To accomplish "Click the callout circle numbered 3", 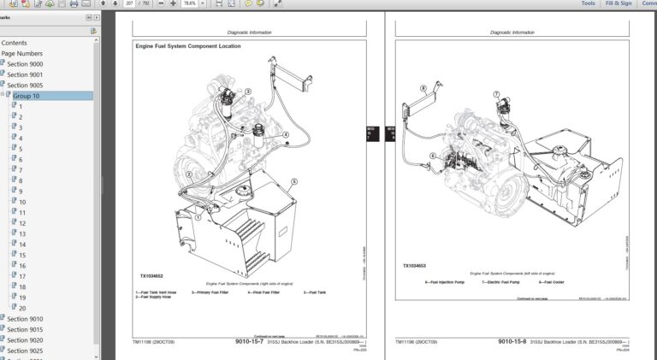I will point(248,91).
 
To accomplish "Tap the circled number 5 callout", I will point(294,181).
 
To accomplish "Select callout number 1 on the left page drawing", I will point(198,217).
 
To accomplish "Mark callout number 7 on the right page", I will point(496,93).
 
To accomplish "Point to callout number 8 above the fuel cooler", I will point(423,88).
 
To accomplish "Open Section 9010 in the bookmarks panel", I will point(25,319).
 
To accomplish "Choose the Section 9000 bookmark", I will point(25,64).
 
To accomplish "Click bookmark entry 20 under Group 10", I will point(22,308).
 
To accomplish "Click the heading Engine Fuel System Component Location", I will point(187,46).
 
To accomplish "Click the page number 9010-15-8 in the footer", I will point(511,341).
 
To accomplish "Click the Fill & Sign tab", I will point(619,3).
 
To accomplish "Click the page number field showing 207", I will point(129,3).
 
